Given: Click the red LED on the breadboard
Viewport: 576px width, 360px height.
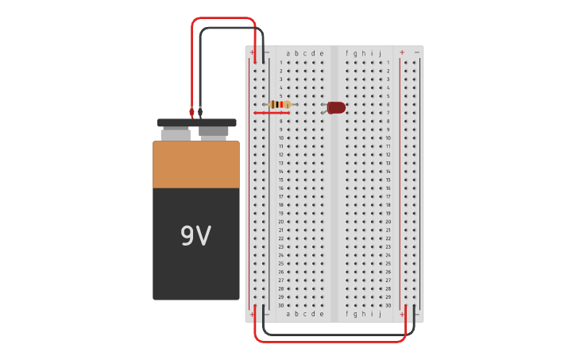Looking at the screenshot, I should click(337, 107).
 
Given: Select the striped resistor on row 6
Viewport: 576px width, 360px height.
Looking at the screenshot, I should click(280, 104).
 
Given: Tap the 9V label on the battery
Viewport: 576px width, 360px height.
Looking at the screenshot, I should click(195, 236).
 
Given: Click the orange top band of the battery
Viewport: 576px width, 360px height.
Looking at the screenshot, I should click(196, 165).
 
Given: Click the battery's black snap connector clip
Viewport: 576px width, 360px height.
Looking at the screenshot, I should click(196, 122).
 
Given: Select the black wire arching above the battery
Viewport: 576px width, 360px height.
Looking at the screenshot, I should click(230, 29).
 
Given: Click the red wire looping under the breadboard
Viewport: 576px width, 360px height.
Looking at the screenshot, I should click(330, 341).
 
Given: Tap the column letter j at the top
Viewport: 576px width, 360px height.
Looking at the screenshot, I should click(380, 53).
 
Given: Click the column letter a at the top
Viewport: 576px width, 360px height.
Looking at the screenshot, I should click(288, 53).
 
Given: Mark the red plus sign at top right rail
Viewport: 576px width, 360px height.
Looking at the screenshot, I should click(401, 52).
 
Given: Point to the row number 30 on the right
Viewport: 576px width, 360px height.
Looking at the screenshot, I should click(388, 305).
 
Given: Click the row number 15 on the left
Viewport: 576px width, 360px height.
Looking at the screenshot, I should click(280, 180).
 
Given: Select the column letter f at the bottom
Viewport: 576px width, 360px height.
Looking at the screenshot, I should click(346, 314).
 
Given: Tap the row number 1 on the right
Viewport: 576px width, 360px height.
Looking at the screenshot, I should click(388, 62).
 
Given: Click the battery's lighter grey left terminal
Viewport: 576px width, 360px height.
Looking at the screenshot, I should click(176, 134).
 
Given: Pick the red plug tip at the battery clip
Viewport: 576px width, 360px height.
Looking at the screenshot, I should click(191, 113).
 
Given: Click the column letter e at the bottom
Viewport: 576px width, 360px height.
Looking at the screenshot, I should click(321, 314).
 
